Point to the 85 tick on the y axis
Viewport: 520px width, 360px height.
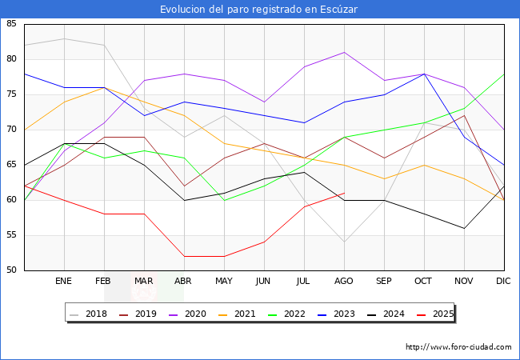tap(11, 24)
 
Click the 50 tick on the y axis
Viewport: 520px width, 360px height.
tap(11, 270)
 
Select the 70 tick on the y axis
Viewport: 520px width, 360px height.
tap(11, 130)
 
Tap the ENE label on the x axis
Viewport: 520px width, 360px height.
tap(64, 282)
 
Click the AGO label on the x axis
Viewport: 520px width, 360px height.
tap(344, 282)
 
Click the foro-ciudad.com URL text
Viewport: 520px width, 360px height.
tap(458, 347)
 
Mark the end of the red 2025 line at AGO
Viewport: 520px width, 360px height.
tap(344, 193)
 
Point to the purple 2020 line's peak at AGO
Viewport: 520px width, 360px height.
tap(344, 52)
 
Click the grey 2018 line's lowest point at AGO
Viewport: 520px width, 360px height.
tap(344, 242)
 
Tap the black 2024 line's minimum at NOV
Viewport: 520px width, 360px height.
tap(464, 228)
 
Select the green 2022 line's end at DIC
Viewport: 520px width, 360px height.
tap(504, 74)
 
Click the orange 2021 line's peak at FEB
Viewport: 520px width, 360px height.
tap(104, 87)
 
